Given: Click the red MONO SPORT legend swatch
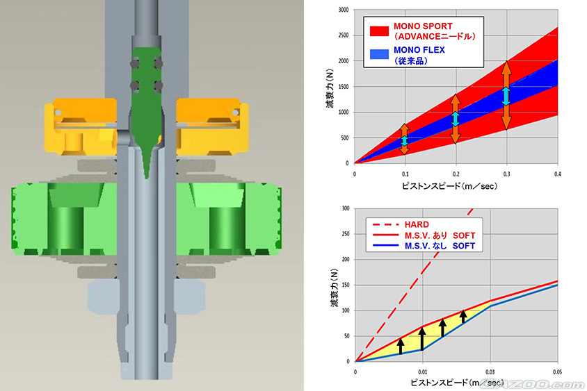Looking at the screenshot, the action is [x=379, y=31].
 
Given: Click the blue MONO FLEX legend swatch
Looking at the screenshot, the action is [x=379, y=54].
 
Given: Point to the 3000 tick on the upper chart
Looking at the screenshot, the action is [x=344, y=10].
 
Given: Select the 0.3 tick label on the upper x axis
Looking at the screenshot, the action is [x=506, y=174].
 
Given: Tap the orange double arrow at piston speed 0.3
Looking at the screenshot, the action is [x=506, y=95].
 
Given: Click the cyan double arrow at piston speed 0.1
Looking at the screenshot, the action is [x=405, y=140].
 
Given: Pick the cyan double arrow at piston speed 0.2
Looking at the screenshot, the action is [x=456, y=119].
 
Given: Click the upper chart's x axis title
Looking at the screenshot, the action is [x=449, y=186].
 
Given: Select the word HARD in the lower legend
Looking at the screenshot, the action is [x=417, y=224].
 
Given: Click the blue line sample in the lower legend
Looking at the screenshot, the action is [x=385, y=246].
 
